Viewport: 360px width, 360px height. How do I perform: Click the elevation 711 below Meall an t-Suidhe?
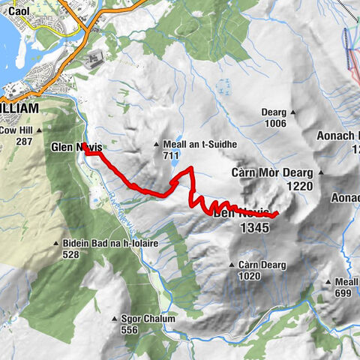169,155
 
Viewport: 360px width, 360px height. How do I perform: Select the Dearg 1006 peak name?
274,112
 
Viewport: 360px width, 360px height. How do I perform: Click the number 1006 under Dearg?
274,123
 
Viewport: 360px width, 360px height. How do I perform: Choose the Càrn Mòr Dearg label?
271,172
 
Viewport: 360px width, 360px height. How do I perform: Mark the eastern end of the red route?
277,214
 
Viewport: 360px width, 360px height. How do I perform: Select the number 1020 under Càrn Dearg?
249,276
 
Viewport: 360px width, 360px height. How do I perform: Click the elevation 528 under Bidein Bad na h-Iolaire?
71,255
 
